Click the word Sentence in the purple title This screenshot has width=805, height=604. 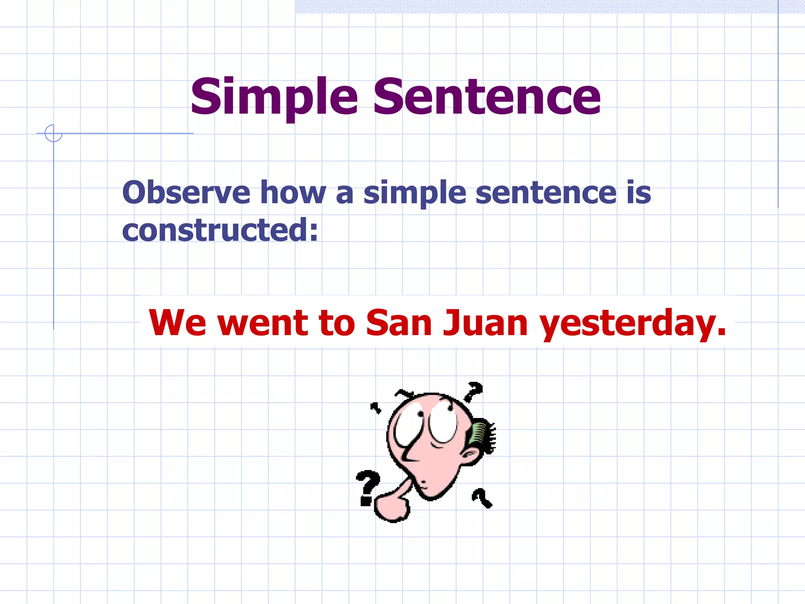tap(487, 97)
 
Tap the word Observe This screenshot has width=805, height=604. tap(186, 193)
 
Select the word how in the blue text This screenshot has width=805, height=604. tap(293, 193)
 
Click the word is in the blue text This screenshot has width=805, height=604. tap(639, 193)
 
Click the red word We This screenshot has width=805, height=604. tap(177, 323)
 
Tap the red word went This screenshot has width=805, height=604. tap(263, 323)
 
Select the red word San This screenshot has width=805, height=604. tap(399, 323)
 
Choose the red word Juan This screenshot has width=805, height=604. tap(485, 323)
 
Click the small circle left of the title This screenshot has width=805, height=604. tap(53, 133)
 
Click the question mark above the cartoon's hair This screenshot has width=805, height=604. tap(473, 391)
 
